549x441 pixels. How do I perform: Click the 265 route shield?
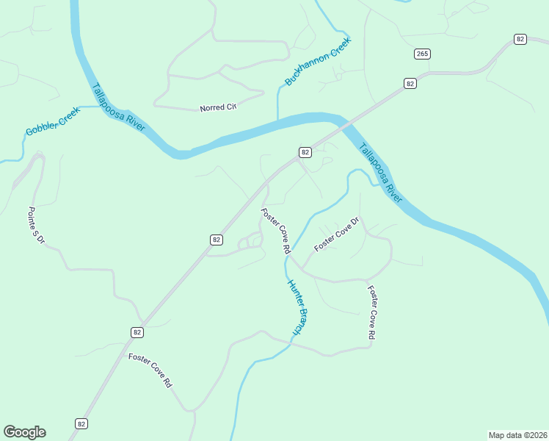pos(422,54)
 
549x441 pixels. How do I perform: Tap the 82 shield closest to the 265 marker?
pos(410,84)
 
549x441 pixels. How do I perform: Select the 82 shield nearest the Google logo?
pos(81,423)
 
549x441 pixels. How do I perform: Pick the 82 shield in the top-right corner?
pos(520,39)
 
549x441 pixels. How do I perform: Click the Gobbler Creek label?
pos(52,121)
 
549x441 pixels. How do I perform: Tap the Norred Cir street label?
pos(218,108)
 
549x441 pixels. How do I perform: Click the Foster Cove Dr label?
pos(336,234)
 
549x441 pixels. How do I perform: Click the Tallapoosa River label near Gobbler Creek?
pos(118,107)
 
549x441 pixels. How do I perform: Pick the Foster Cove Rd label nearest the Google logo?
pos(150,370)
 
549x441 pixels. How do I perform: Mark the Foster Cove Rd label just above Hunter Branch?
pos(276,231)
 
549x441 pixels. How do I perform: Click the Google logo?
pos(24,432)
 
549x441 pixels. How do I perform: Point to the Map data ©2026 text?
pos(517,434)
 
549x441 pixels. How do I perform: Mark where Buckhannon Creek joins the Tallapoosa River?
pos(278,122)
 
